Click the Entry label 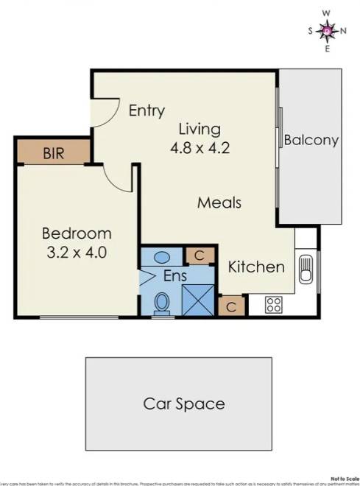click(x=147, y=111)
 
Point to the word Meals click(x=219, y=202)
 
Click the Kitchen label click(x=255, y=267)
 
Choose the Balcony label click(x=311, y=140)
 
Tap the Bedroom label click(x=77, y=234)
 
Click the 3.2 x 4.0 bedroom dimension click(x=77, y=253)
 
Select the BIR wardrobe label click(x=53, y=154)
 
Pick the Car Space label click(x=183, y=404)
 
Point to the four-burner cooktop click(x=275, y=304)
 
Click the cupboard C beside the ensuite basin click(x=198, y=256)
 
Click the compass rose click(x=328, y=30)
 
